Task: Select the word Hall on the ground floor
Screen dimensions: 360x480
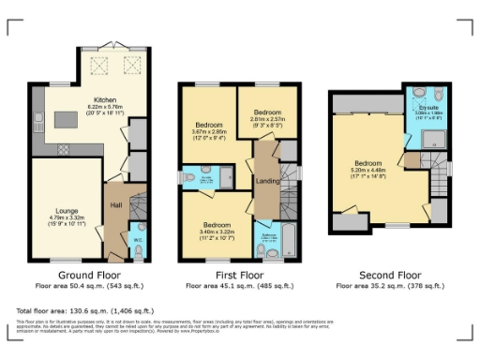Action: coord(115,203)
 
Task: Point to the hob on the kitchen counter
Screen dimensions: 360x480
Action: coord(63,149)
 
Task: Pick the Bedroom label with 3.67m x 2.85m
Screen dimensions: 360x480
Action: coord(207,124)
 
